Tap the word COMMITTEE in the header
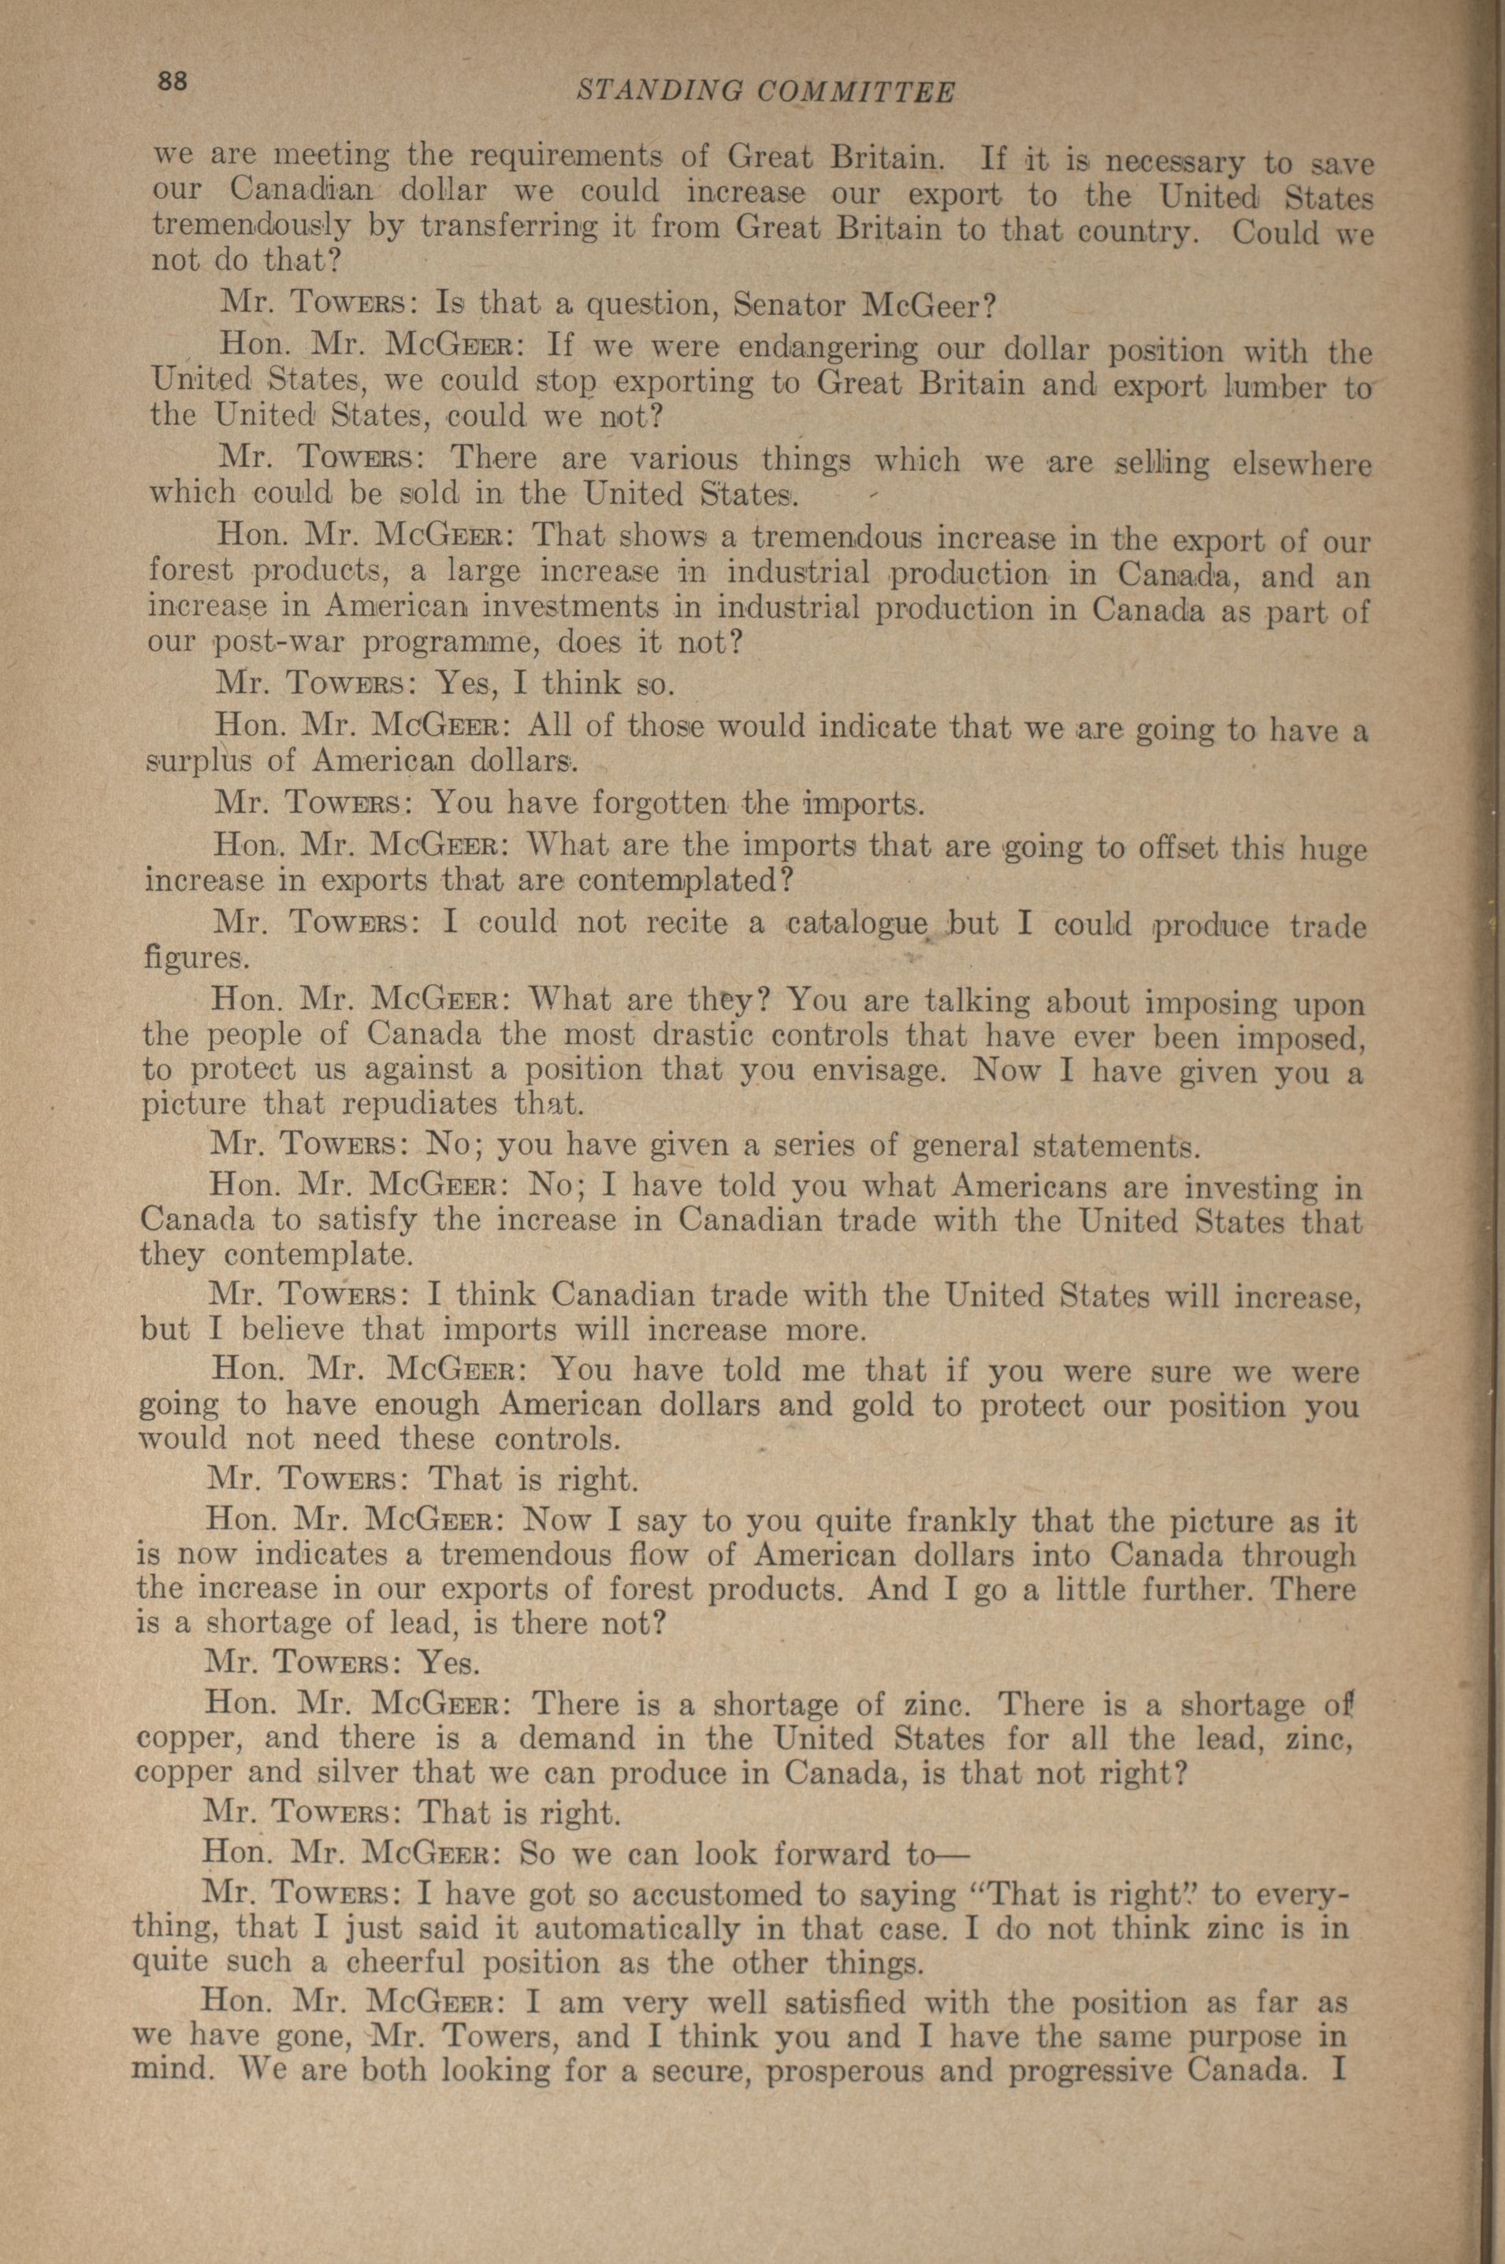[x=857, y=91]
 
